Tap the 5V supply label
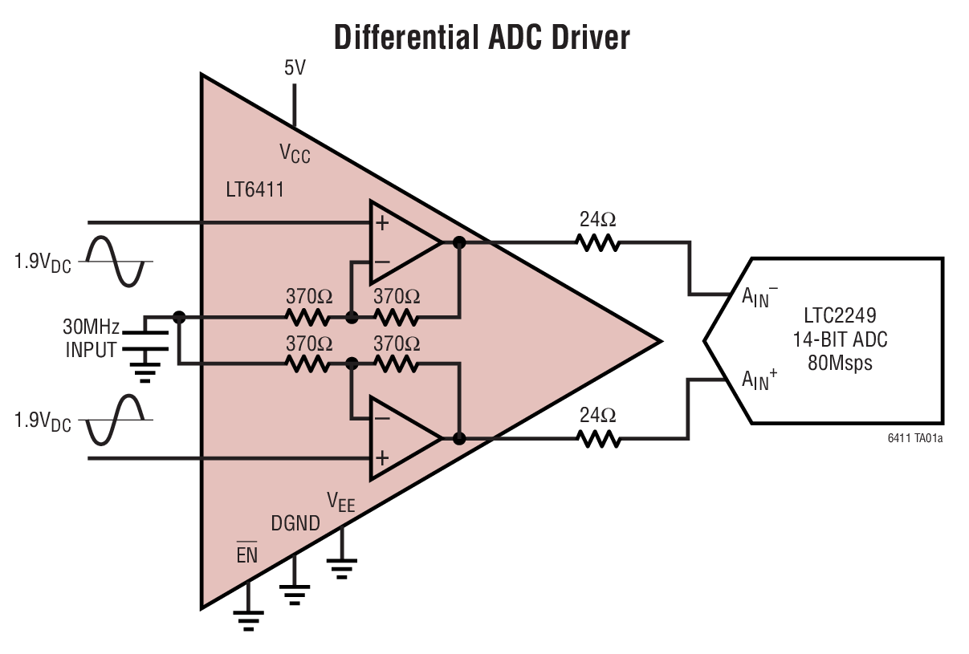[x=295, y=68]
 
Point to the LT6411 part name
[x=255, y=191]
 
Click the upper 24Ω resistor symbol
[x=597, y=242]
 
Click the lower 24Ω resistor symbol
[x=597, y=439]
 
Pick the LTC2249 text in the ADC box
[x=840, y=315]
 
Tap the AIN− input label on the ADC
[x=760, y=296]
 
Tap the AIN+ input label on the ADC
[x=760, y=380]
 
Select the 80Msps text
[x=840, y=363]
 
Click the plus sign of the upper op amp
[x=382, y=222]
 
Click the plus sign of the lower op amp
[x=382, y=457]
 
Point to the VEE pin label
[x=340, y=502]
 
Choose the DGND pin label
[x=295, y=524]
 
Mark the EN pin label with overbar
[x=247, y=553]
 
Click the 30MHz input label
[x=92, y=327]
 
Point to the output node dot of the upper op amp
[x=459, y=242]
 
